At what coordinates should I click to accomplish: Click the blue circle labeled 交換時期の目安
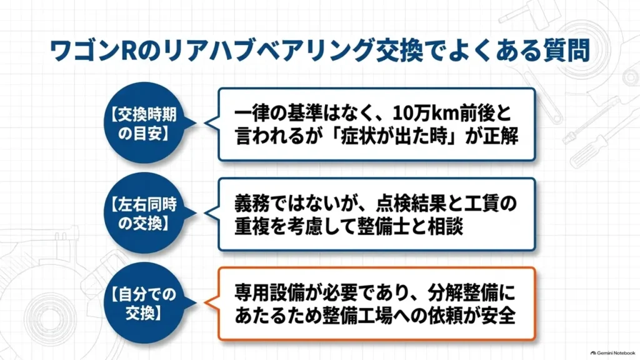pyautogui.click(x=144, y=123)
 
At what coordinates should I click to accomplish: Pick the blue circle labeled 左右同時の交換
pyautogui.click(x=144, y=212)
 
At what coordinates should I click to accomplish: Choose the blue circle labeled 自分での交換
pyautogui.click(x=144, y=302)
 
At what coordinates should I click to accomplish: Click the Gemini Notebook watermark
pyautogui.click(x=612, y=352)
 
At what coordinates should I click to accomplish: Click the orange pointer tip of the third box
pyautogui.click(x=205, y=303)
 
